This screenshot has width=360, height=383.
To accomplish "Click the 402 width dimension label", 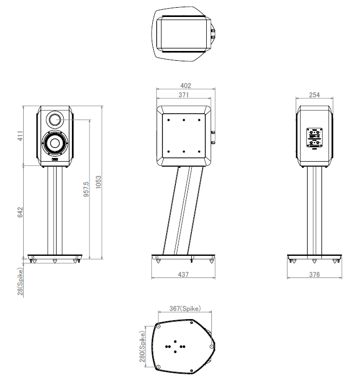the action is click(x=186, y=85).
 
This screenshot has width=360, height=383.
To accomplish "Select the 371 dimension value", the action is click(x=184, y=95).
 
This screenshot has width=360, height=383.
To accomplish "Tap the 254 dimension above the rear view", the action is click(x=314, y=95).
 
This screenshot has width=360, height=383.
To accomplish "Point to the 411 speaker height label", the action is click(x=20, y=136).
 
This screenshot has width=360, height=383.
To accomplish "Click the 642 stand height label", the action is click(x=20, y=212).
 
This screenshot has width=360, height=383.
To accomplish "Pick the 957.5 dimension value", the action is click(x=86, y=189).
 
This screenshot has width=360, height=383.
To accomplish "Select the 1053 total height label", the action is click(x=98, y=182).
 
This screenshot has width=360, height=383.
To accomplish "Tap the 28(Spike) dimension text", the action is click(x=20, y=282).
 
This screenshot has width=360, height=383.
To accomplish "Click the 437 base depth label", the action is click(x=183, y=274).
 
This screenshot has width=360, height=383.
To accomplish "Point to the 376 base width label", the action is click(x=314, y=274).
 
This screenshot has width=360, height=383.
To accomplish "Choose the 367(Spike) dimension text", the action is click(x=185, y=308).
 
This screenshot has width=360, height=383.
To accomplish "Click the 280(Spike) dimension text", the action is click(x=142, y=346).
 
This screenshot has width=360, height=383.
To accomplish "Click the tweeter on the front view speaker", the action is click(x=55, y=119).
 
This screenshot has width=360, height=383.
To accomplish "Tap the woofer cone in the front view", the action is click(x=55, y=144).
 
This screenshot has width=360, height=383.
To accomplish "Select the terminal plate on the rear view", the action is click(x=314, y=137).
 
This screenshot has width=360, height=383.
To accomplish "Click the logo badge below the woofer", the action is click(x=55, y=160).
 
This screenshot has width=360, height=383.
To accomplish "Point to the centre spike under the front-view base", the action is click(x=55, y=261).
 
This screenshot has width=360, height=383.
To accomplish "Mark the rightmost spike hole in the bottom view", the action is click(x=211, y=346).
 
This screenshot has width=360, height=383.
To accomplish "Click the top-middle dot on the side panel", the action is click(x=184, y=120).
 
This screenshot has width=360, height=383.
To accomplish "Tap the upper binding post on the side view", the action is click(x=213, y=133).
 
